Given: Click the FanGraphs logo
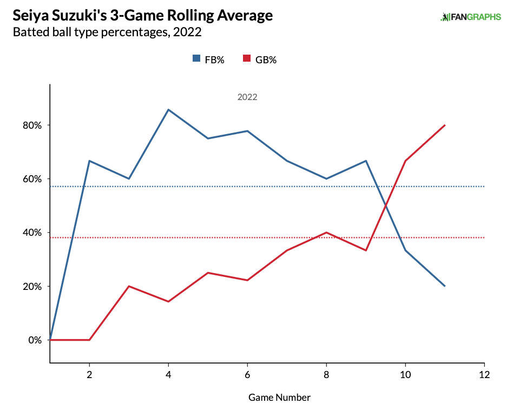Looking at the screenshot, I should [x=470, y=17].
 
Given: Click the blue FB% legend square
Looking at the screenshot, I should [x=196, y=59].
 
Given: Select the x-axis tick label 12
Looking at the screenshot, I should [x=484, y=375].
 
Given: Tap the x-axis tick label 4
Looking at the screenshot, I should [x=168, y=375].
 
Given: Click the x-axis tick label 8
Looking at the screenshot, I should [x=326, y=375].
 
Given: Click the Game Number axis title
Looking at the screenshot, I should [x=279, y=398].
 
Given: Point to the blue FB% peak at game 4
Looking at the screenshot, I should [x=168, y=110].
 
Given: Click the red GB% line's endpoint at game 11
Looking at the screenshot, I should [x=445, y=125].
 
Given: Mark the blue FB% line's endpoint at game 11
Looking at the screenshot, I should [x=445, y=286].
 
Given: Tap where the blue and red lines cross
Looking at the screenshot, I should [x=386, y=206].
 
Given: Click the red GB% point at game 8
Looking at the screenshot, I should [x=326, y=233].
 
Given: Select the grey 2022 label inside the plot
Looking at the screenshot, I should [x=247, y=98].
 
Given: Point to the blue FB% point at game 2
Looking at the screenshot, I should [x=89, y=161].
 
